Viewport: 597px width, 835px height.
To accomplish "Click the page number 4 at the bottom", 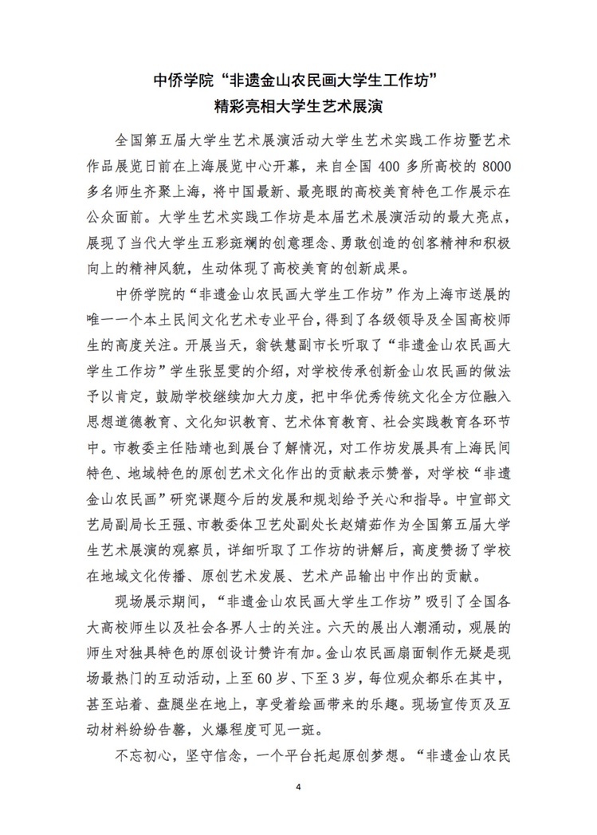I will pos(298,787).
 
